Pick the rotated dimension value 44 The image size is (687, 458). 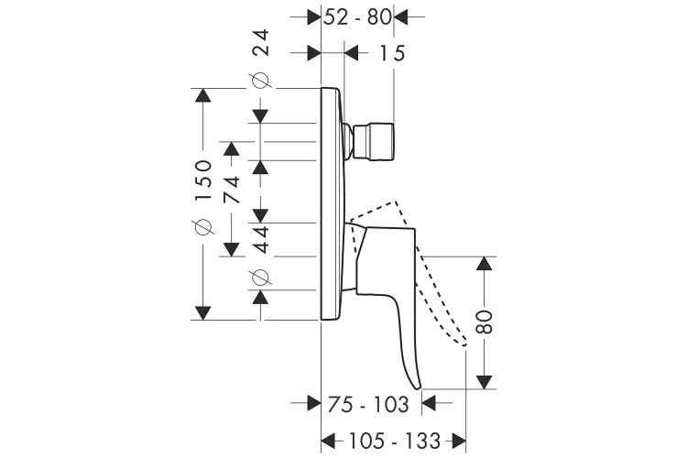coord(261,240)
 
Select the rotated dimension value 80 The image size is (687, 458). coord(485,321)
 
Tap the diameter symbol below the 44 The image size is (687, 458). coord(261,275)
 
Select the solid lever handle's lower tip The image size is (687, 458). coord(420,385)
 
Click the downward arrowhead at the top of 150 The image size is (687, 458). coord(202,95)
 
